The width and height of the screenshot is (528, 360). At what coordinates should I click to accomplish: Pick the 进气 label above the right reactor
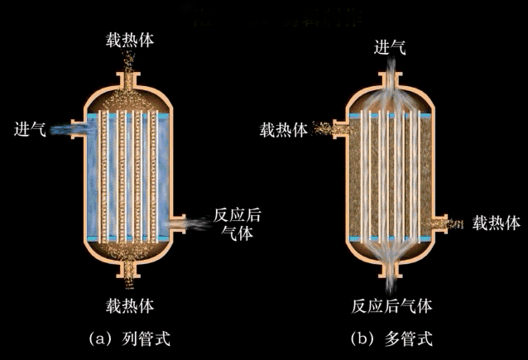pyautogui.click(x=391, y=47)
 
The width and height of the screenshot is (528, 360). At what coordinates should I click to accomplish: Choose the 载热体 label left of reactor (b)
pyautogui.click(x=285, y=131)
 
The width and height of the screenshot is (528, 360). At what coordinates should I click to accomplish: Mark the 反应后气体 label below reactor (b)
pyautogui.click(x=391, y=305)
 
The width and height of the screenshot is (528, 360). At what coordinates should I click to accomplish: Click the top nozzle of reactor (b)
pyautogui.click(x=391, y=79)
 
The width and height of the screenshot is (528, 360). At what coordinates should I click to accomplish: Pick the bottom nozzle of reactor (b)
pyautogui.click(x=391, y=270)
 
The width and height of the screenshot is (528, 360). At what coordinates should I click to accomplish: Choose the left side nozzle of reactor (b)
pyautogui.click(x=338, y=129)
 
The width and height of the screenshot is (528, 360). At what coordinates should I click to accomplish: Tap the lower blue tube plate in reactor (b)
pyautogui.click(x=391, y=238)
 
